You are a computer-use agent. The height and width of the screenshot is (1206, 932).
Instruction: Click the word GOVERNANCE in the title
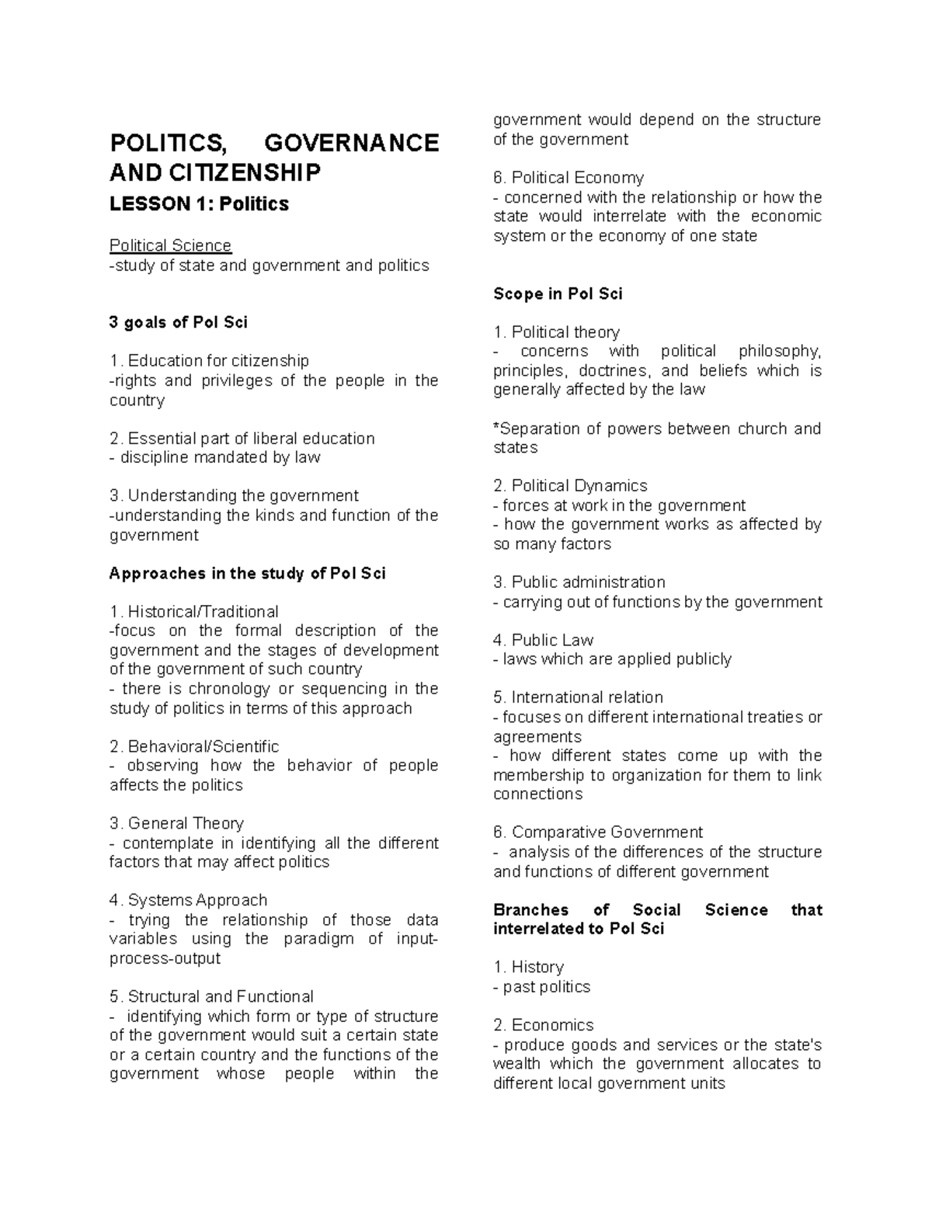351,143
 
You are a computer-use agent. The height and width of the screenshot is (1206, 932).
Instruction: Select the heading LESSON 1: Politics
199,204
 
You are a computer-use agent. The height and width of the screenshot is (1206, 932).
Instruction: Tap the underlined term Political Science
170,245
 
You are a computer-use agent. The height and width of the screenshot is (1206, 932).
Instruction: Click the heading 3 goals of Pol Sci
179,322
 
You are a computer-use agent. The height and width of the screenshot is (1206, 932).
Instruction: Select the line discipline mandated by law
220,457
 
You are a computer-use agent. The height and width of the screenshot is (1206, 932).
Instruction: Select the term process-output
165,958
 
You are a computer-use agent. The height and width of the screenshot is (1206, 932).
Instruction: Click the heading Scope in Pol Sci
558,294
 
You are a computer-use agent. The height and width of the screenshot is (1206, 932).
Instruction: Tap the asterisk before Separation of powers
496,428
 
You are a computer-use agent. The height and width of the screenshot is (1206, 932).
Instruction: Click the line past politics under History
546,987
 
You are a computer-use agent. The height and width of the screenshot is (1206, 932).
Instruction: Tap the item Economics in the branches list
552,1025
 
